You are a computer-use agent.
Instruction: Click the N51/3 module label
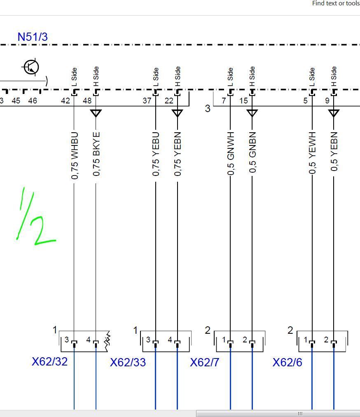(x=33, y=37)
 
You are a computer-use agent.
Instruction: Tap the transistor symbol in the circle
(x=31, y=67)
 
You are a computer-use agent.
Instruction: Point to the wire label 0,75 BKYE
(x=96, y=154)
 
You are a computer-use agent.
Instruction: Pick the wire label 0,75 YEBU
(x=156, y=154)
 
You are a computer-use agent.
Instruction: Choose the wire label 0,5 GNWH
(x=231, y=153)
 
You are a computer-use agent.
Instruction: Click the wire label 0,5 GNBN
(x=252, y=153)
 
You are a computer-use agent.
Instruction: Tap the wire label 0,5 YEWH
(x=312, y=153)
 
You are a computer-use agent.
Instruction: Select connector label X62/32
(x=49, y=361)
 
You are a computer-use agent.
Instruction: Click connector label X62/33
(x=128, y=363)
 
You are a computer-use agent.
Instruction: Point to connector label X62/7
(x=205, y=363)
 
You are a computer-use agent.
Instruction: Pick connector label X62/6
(x=287, y=363)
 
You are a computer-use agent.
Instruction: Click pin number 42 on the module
(x=65, y=101)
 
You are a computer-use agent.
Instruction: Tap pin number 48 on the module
(x=87, y=101)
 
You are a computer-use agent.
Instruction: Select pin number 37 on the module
(x=147, y=101)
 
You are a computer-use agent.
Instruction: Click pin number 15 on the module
(x=243, y=101)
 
